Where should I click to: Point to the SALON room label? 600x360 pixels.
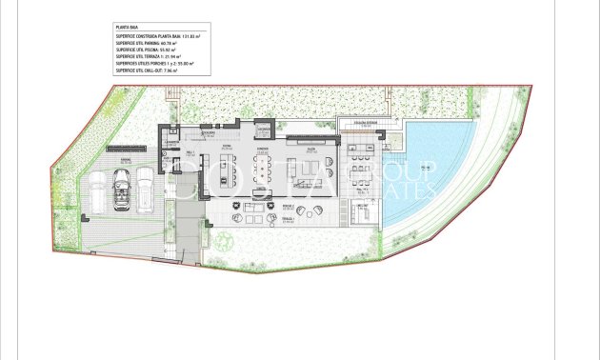310,149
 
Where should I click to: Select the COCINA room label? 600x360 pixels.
227,148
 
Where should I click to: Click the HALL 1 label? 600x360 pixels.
190,152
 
